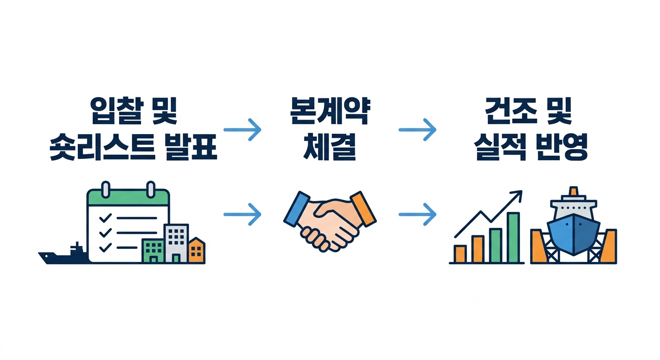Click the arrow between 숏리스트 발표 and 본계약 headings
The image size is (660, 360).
tap(242, 129)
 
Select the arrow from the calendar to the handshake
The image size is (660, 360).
tap(242, 215)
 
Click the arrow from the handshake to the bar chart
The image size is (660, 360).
tap(417, 215)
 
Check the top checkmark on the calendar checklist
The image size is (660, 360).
tap(105, 217)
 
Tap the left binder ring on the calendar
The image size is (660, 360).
tap(106, 190)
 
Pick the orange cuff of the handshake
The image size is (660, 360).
tap(364, 208)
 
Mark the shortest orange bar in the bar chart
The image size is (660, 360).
tap(460, 254)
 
